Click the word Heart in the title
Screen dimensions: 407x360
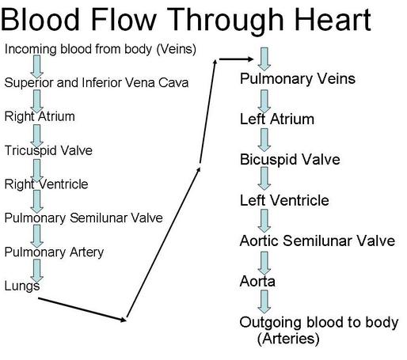point(333,19)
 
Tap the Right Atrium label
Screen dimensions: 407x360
point(40,116)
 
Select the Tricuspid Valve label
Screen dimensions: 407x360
point(48,151)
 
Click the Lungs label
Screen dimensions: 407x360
point(22,286)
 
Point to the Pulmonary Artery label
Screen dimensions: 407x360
point(54,252)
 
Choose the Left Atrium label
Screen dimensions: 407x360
point(277,119)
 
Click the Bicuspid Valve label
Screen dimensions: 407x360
point(290,160)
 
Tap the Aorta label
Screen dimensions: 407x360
point(257,282)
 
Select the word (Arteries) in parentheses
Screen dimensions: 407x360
point(288,339)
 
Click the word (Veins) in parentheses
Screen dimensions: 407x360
point(177,49)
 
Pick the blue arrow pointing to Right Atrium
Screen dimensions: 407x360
point(37,101)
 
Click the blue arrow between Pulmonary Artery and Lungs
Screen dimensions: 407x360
point(37,271)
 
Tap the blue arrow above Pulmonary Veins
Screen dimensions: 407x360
point(264,59)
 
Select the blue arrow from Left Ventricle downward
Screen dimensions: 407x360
point(264,221)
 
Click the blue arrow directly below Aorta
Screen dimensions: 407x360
point(264,301)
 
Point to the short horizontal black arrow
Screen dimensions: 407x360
point(236,59)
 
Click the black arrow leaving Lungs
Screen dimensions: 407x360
point(82,309)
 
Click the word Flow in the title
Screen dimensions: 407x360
point(124,19)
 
